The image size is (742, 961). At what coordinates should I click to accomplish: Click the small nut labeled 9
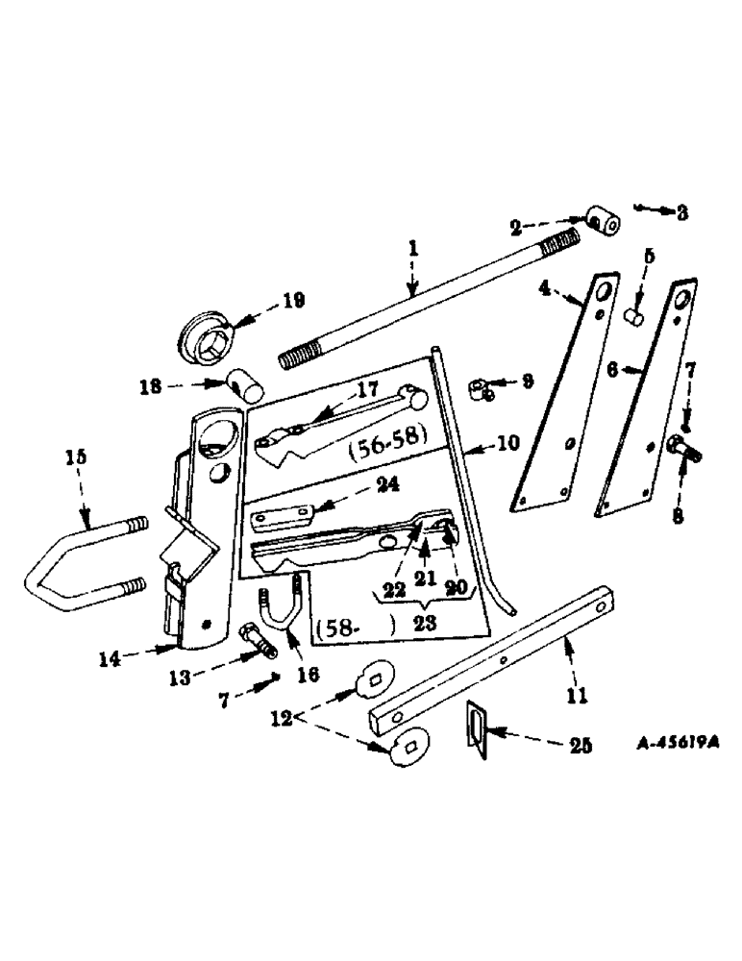click(x=482, y=388)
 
